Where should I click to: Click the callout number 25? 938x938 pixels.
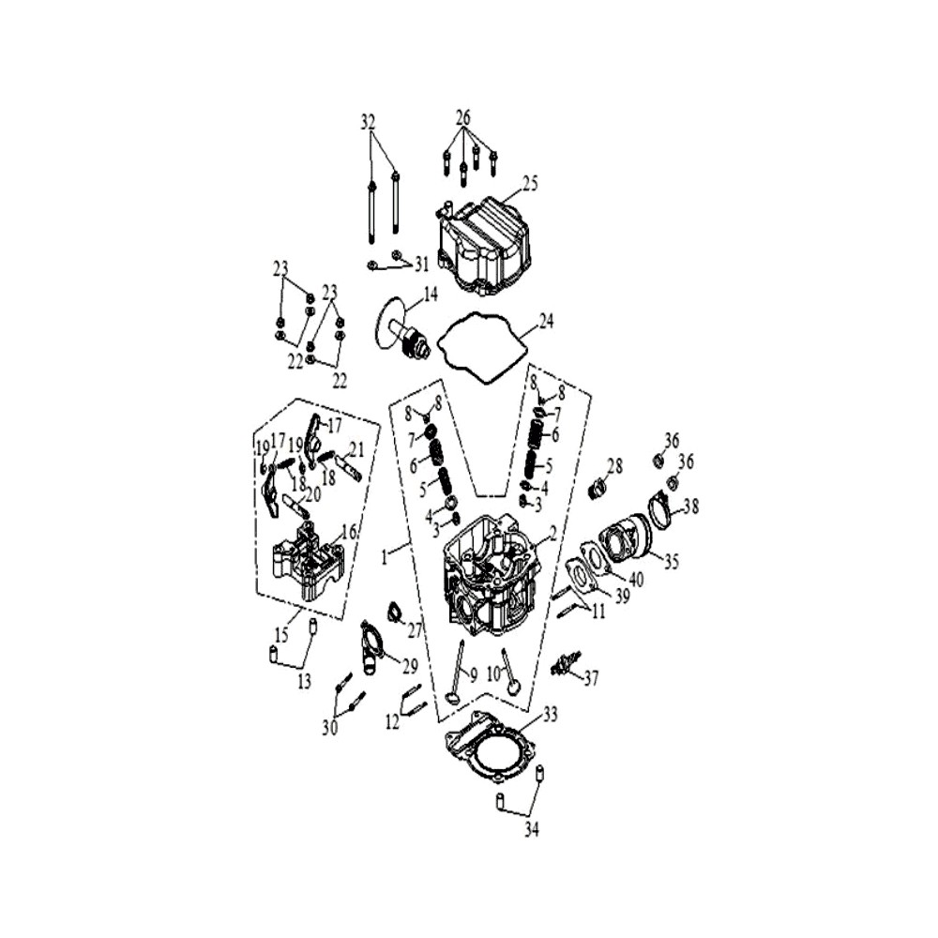click(x=530, y=183)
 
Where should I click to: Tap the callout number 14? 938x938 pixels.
click(x=431, y=294)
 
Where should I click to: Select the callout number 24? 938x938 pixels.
click(x=546, y=321)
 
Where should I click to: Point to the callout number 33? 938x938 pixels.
click(x=550, y=714)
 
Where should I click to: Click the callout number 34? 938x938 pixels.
click(x=532, y=829)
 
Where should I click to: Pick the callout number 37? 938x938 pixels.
click(x=591, y=678)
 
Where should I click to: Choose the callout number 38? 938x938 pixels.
click(x=691, y=507)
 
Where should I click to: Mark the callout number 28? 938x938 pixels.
click(x=615, y=465)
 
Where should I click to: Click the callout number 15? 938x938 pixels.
click(x=281, y=634)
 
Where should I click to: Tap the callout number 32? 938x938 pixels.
click(x=368, y=122)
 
